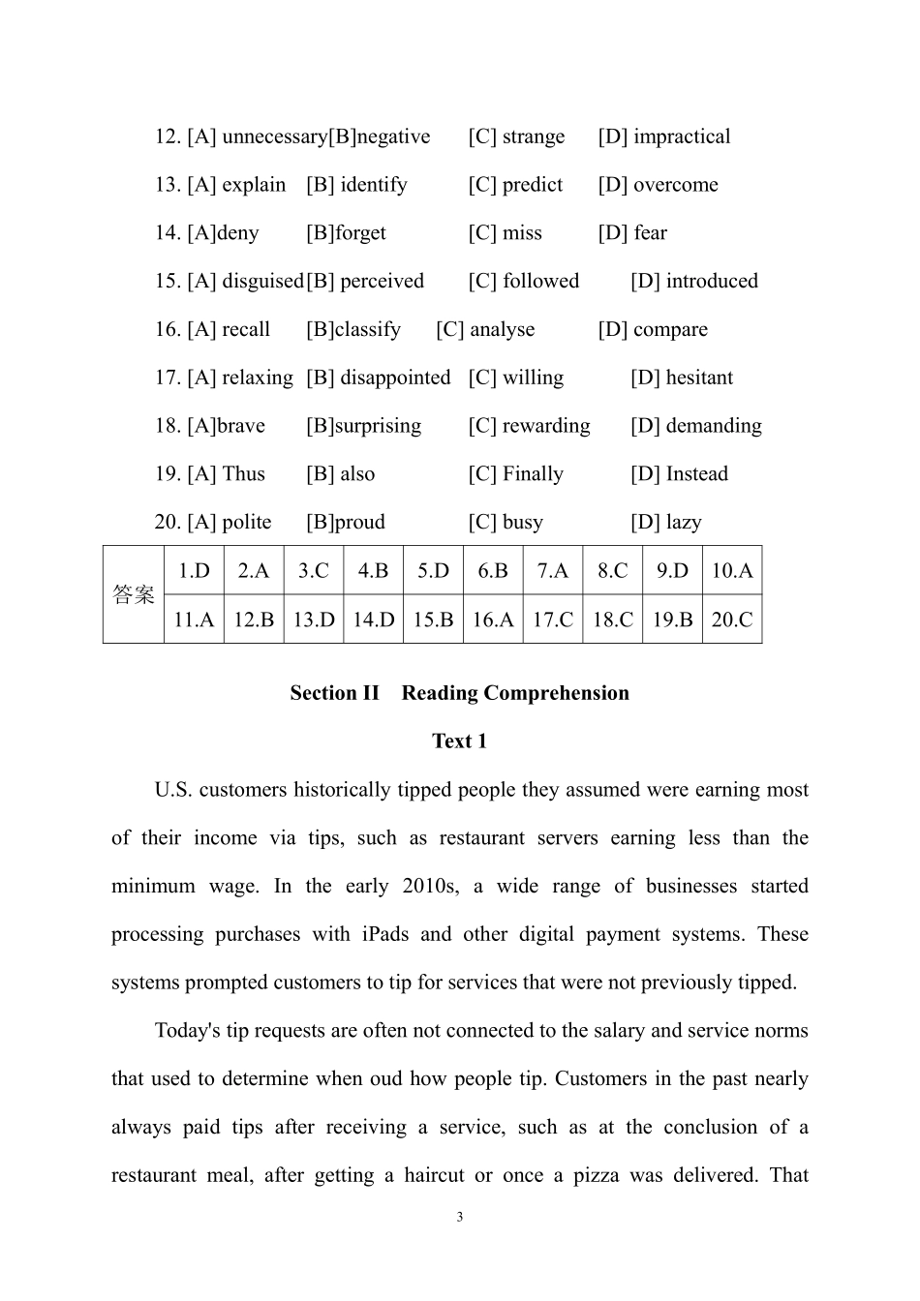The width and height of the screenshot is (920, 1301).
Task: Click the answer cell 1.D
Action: [194, 570]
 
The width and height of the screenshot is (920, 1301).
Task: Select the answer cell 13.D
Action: [314, 620]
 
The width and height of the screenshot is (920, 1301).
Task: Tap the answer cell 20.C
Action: [731, 620]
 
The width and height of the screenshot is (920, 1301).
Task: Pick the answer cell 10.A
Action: [731, 570]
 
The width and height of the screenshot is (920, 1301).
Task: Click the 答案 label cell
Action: [134, 594]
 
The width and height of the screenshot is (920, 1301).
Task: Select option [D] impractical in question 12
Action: [663, 136]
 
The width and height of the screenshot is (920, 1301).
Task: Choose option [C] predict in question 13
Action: [515, 185]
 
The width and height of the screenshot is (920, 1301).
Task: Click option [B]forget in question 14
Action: [346, 233]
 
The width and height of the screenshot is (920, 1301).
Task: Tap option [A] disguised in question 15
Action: [246, 282]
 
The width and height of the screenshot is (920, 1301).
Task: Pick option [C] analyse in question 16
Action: [485, 330]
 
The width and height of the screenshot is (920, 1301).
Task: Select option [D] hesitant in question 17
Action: [681, 378]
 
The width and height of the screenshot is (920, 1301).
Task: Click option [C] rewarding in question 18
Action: [529, 426]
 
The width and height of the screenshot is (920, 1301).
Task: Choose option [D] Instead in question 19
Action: [679, 474]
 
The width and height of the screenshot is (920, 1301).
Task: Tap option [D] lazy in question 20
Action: [665, 523]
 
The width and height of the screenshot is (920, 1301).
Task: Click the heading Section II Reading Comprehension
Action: [459, 693]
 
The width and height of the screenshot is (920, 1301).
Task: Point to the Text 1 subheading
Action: [459, 741]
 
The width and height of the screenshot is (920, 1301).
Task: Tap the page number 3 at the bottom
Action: [459, 1217]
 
